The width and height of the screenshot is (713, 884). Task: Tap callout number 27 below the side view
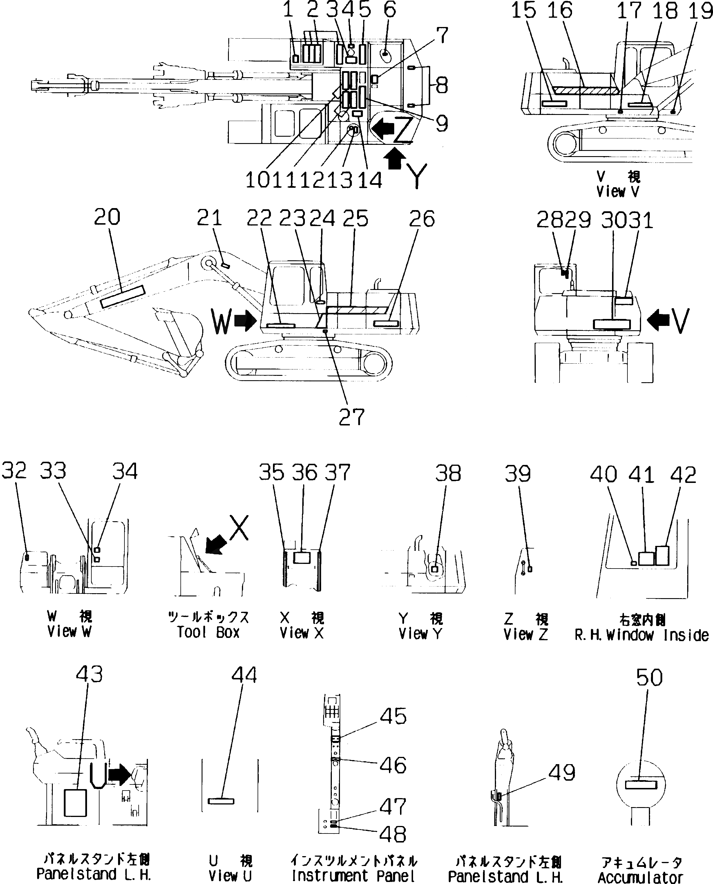[352, 417]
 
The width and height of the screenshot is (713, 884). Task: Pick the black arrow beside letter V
[658, 320]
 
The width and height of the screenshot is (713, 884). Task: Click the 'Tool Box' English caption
[208, 632]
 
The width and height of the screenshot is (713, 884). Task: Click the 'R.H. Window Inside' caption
[641, 635]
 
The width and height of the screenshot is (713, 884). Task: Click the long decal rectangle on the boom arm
[123, 297]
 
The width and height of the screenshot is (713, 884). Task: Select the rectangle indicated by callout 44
[221, 801]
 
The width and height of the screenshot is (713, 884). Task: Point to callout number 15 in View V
[523, 11]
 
